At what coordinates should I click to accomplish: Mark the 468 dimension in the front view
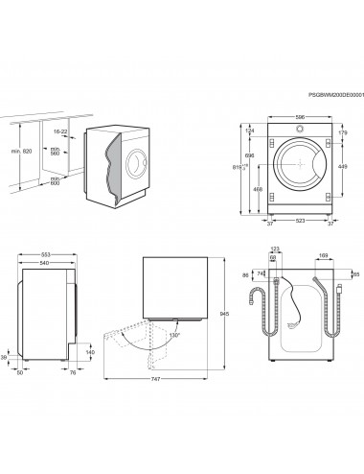pos(258,190)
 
